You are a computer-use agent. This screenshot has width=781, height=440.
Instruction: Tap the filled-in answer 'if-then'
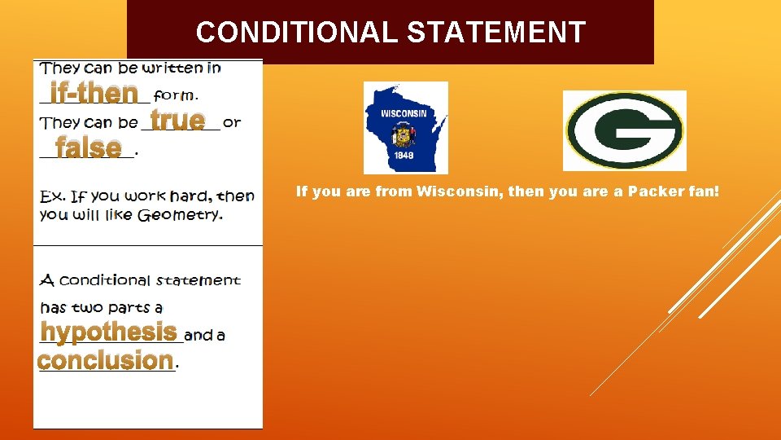[x=93, y=93]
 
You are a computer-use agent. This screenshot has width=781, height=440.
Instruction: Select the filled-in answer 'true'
[x=177, y=120]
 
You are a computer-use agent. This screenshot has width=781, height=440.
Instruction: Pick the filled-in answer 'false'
[x=88, y=147]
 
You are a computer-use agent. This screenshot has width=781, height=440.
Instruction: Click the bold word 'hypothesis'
[x=108, y=332]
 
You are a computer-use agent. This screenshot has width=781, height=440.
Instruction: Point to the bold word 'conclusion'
[x=105, y=359]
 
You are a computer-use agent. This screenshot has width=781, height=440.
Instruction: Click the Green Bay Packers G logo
[x=624, y=130]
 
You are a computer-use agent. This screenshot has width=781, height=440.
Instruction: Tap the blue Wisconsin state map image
[x=405, y=127]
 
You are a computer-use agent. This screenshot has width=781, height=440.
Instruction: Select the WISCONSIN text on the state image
[x=403, y=113]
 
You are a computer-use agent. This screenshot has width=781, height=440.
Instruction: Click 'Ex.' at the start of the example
[x=52, y=196]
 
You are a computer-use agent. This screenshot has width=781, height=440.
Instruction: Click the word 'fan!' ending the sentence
[x=704, y=192]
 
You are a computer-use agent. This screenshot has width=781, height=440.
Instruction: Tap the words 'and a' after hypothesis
[x=204, y=334]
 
